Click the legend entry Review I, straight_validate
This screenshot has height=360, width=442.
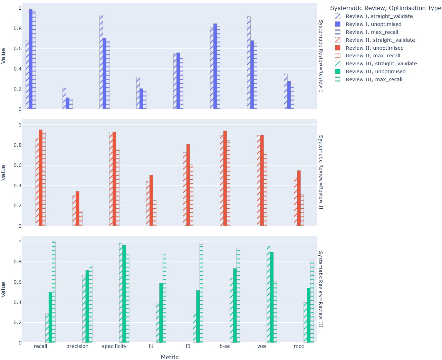[x=379, y=16]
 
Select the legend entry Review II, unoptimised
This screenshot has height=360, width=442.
[x=374, y=48]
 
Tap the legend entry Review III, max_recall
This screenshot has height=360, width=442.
[x=374, y=79]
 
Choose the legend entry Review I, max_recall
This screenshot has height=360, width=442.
[x=372, y=32]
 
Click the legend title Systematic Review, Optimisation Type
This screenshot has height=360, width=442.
[x=385, y=8]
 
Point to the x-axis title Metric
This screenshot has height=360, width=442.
[x=170, y=357]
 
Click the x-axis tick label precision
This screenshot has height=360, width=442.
[x=77, y=346]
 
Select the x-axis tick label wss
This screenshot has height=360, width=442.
[x=262, y=346]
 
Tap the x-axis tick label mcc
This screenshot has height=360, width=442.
[x=299, y=346]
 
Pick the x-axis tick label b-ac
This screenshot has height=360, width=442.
[x=225, y=346]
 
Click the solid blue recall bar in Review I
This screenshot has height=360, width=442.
[x=31, y=59]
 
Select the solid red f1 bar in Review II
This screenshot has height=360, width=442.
[x=151, y=200]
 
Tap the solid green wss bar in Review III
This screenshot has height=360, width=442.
[x=272, y=297]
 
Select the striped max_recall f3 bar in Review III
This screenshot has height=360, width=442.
[x=201, y=294]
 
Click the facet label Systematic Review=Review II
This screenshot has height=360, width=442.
[x=321, y=172]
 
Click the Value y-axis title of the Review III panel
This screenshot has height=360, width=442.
[x=3, y=289]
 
